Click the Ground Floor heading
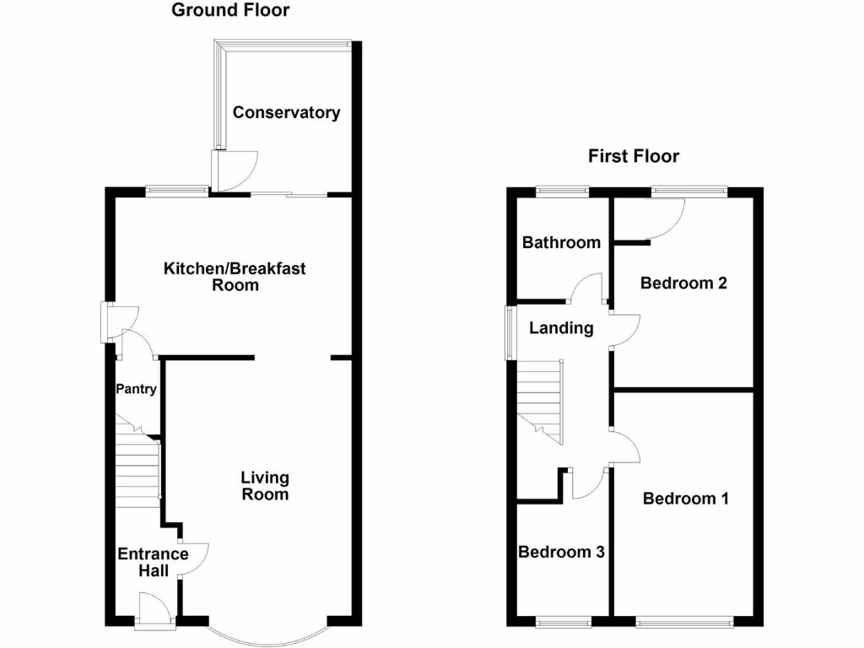point(230,10)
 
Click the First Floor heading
point(633,156)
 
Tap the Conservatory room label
point(287,112)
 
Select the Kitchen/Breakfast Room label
point(235,277)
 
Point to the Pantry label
point(137,389)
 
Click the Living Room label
point(265,486)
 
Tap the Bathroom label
point(561,243)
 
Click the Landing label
point(561,328)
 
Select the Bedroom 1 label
point(685,499)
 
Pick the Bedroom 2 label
point(683,283)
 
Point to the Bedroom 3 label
point(561,553)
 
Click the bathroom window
point(562,191)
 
